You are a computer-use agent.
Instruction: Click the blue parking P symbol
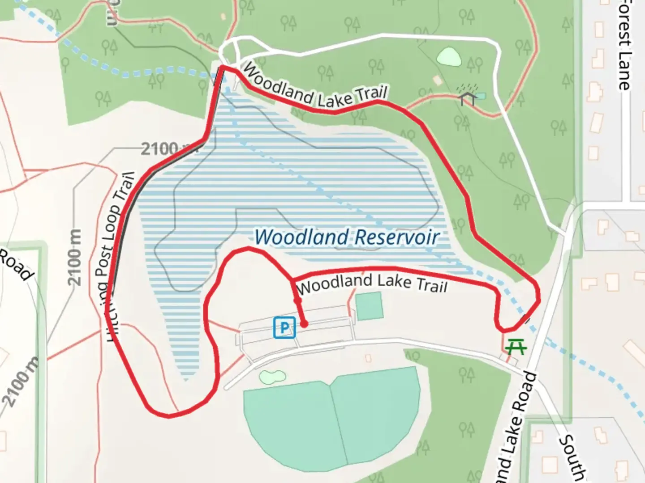[284, 327]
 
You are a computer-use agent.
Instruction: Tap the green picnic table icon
[515, 346]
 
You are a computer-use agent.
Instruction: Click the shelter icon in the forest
[467, 95]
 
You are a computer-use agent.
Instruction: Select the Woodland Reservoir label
[347, 237]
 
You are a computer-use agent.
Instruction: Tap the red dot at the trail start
[304, 324]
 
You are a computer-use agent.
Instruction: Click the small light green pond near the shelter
[449, 57]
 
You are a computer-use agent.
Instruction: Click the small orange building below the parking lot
[368, 358]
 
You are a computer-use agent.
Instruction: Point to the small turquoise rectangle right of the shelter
[480, 96]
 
